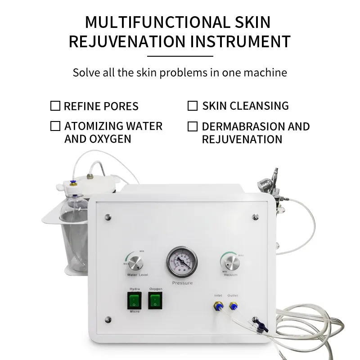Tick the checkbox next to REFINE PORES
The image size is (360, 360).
(x=55, y=106)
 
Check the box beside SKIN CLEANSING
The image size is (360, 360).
(x=193, y=106)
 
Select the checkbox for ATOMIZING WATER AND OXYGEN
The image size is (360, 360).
(x=55, y=126)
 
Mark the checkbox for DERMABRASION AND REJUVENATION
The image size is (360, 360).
(x=193, y=126)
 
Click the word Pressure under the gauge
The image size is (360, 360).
(x=182, y=283)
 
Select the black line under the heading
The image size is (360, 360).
(x=180, y=56)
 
